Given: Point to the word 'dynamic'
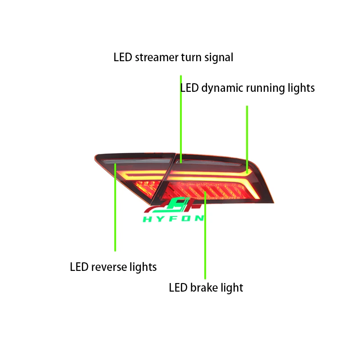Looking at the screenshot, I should (221, 88).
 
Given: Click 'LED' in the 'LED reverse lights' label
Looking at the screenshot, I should (79, 267).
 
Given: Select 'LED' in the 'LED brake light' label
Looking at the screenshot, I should (178, 288).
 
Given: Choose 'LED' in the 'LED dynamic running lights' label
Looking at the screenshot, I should (189, 88).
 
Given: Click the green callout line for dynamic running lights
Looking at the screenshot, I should (247, 135).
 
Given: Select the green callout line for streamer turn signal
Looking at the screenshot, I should (181, 117).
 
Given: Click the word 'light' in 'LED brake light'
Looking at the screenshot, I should (231, 288).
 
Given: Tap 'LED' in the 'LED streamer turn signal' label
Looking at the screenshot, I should (122, 58).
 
